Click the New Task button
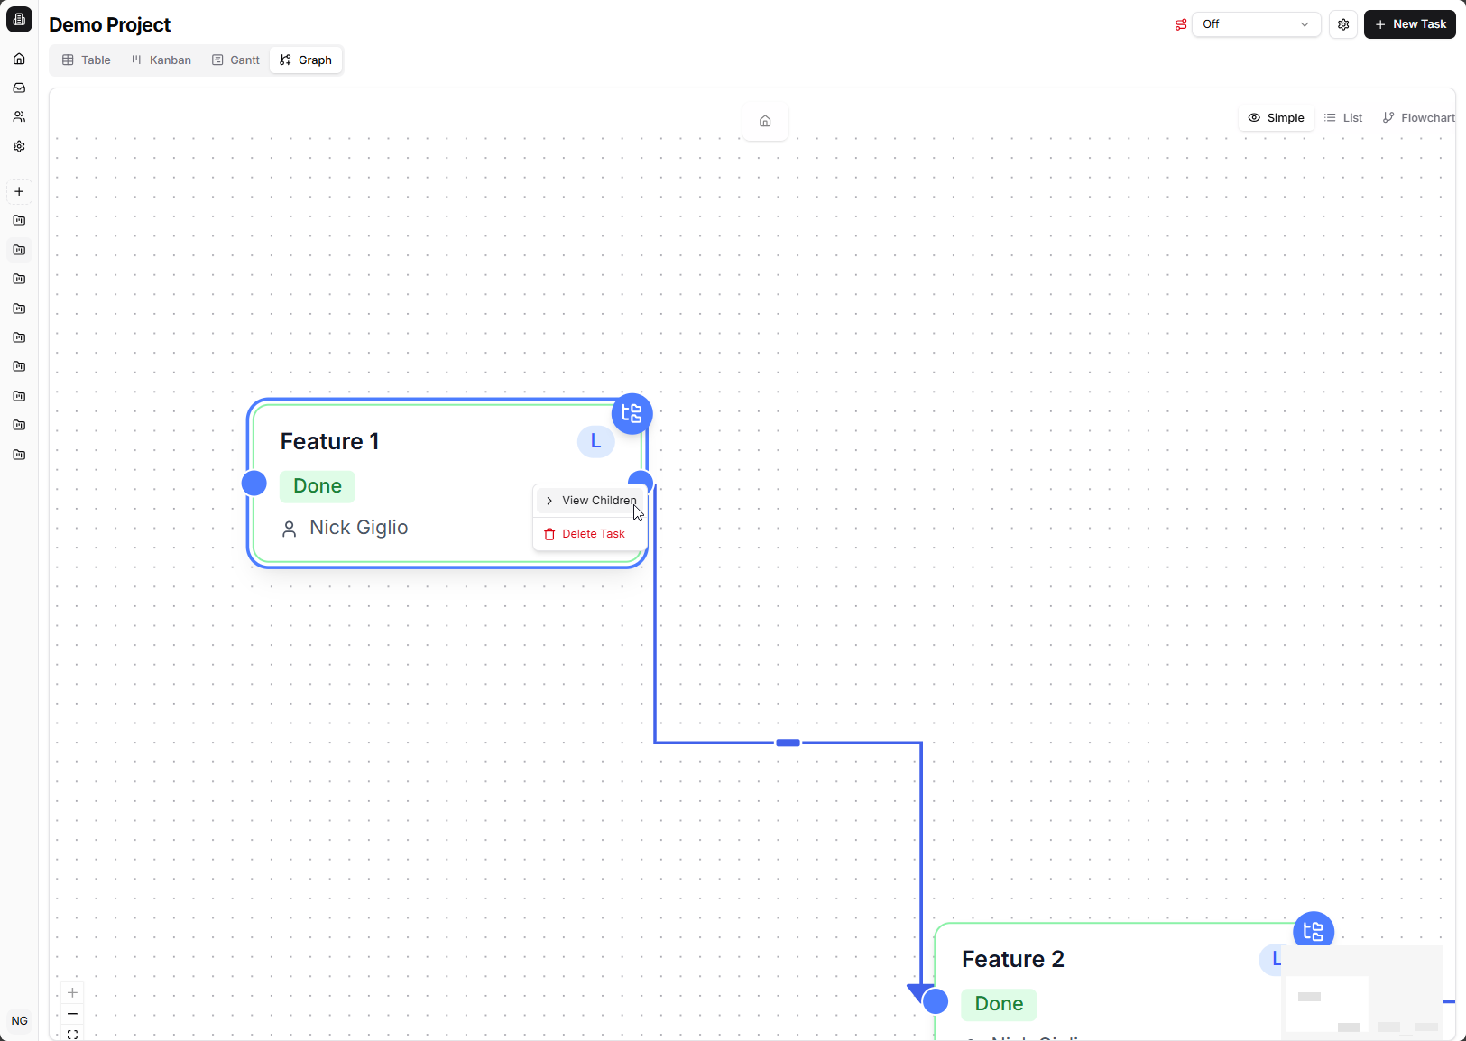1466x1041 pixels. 1409,24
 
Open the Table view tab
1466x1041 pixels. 87,60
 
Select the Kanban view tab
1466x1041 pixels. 161,60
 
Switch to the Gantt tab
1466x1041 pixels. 235,60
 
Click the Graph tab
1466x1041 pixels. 306,60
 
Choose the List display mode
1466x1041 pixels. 1343,118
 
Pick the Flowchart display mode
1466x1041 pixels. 1418,118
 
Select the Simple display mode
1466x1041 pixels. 1276,118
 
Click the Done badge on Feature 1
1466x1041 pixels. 318,486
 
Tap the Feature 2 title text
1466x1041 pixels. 1013,959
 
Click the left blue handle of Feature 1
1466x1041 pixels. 254,484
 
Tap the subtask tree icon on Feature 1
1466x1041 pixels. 632,413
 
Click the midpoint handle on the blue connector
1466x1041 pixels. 788,742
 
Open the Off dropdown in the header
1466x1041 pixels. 1256,24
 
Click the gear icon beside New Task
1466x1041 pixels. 1343,24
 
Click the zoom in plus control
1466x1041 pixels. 73,992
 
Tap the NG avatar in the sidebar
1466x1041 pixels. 20,1021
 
